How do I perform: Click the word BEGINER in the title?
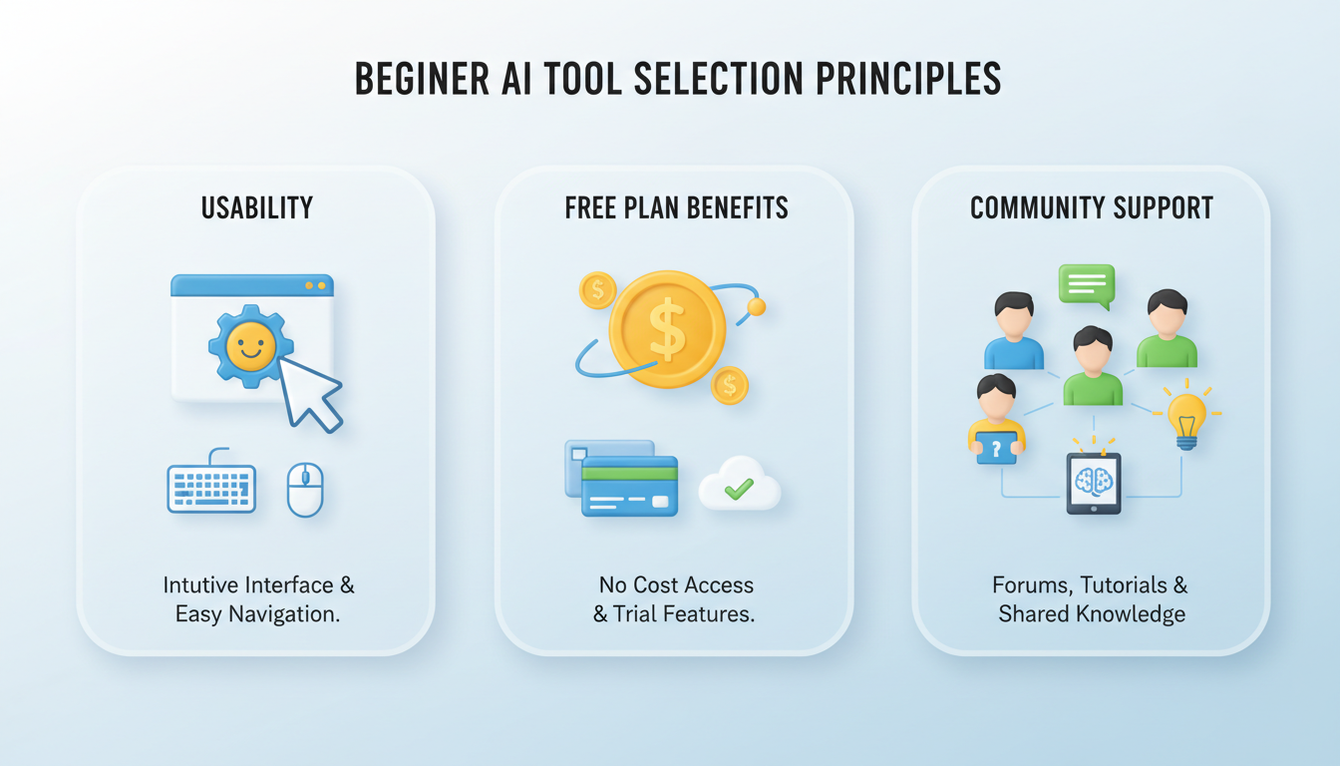pyautogui.click(x=423, y=79)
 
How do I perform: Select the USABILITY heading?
pyautogui.click(x=257, y=208)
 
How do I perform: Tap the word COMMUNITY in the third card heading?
pyautogui.click(x=1038, y=208)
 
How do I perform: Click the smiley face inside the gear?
pyautogui.click(x=250, y=346)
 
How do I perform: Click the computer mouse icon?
pyautogui.click(x=305, y=490)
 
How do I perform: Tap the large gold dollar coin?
pyautogui.click(x=667, y=329)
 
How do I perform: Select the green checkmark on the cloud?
pyautogui.click(x=739, y=489)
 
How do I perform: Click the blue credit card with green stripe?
pyautogui.click(x=630, y=486)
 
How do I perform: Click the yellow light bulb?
pyautogui.click(x=1186, y=417)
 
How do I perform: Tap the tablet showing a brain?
pyautogui.click(x=1094, y=483)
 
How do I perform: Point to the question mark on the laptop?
pyautogui.click(x=996, y=448)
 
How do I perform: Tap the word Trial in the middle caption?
pyautogui.click(x=634, y=614)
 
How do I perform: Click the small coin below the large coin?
pyautogui.click(x=729, y=385)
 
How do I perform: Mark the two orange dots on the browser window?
pyautogui.click(x=315, y=286)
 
